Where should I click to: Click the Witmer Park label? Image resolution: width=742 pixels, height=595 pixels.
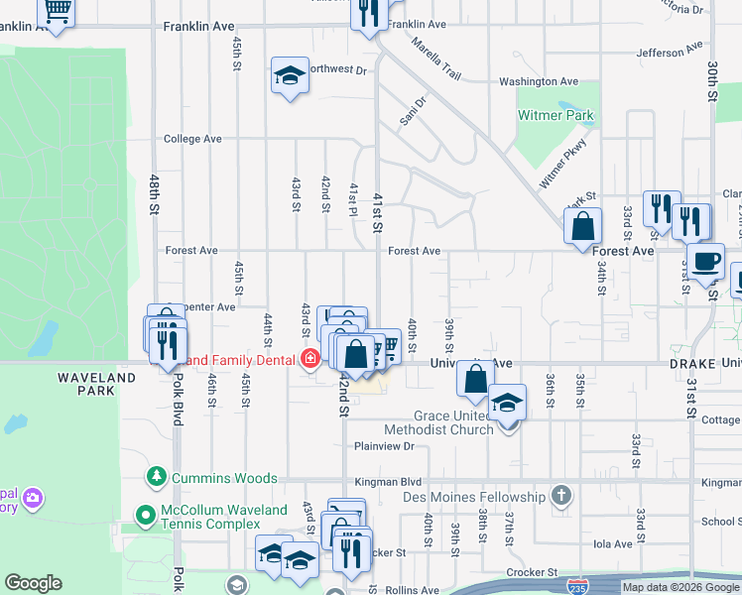coord(556,115)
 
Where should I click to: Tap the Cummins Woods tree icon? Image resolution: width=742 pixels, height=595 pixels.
coord(156,478)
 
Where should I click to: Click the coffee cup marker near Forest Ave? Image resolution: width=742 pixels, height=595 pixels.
coord(705,262)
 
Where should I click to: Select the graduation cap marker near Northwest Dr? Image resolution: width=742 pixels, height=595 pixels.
coord(290,75)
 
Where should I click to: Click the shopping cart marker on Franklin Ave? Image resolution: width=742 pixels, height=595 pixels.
coord(57,12)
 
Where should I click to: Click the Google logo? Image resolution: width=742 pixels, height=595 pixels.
coord(34,583)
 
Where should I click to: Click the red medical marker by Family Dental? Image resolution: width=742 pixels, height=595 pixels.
coord(309,358)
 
